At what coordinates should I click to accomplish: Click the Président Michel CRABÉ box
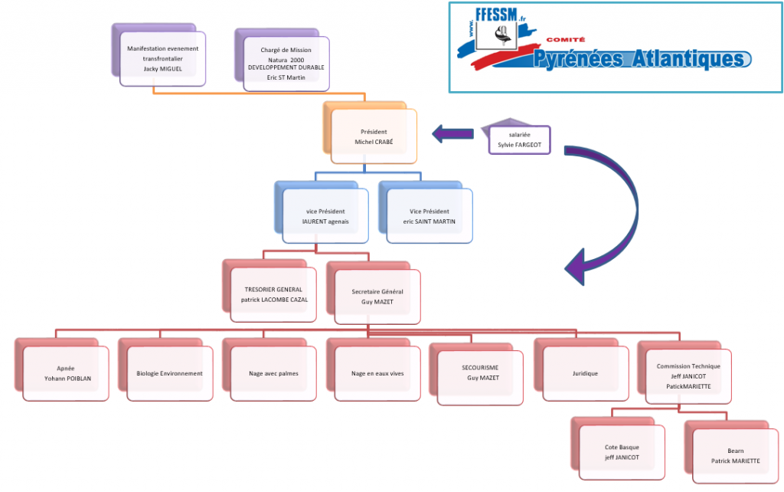[x=373, y=136]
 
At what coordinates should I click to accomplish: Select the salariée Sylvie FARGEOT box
[x=519, y=139]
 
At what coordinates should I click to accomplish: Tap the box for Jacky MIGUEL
[x=162, y=58]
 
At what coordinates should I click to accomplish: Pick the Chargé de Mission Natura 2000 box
[x=286, y=64]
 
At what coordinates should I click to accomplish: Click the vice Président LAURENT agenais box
[x=325, y=215]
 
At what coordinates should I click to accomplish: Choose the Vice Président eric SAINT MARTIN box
[x=429, y=215]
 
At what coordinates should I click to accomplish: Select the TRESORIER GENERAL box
[x=273, y=294]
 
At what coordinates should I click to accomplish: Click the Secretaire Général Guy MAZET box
[x=377, y=297]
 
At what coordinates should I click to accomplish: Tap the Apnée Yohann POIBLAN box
[x=66, y=373]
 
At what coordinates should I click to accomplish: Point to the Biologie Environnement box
[x=169, y=373]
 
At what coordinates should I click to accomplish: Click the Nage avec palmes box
[x=273, y=373]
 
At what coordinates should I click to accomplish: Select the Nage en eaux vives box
[x=377, y=373]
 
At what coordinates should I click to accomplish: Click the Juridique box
[x=585, y=373]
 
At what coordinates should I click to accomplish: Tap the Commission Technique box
[x=688, y=376]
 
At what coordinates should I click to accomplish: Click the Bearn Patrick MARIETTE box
[x=735, y=456]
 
